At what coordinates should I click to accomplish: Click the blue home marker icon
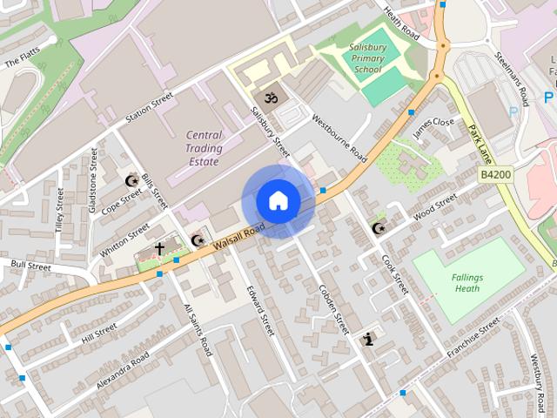(278, 201)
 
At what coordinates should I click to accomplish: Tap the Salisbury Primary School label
(366, 57)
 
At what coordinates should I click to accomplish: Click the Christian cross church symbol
(159, 249)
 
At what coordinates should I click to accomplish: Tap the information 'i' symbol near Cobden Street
(369, 339)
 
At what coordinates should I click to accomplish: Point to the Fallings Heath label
(466, 282)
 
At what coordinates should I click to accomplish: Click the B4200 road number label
(496, 175)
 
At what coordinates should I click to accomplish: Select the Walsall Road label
(238, 236)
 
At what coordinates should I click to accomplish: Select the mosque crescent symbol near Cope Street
(132, 181)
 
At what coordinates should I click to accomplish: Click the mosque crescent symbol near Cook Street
(378, 228)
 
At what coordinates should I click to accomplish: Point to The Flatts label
(23, 60)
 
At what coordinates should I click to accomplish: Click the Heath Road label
(401, 24)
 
